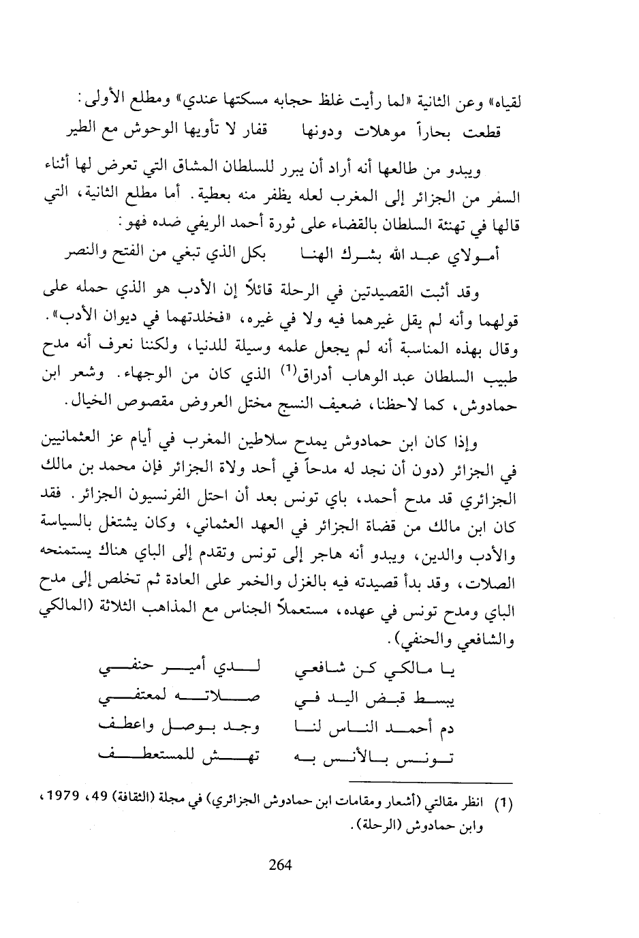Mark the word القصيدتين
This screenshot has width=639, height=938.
point(379,294)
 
